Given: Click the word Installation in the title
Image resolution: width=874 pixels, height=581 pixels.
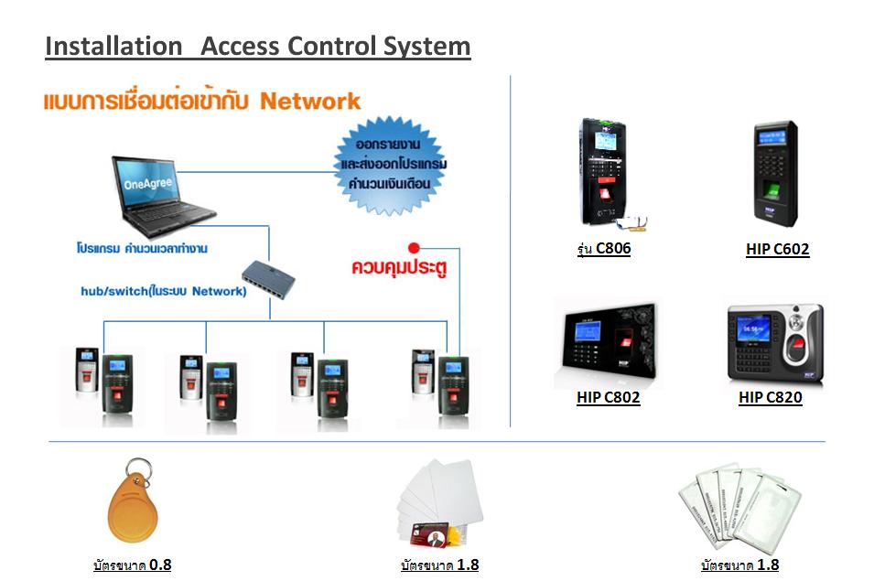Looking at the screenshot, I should [113, 47].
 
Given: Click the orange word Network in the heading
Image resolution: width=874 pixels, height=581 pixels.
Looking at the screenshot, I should [310, 102].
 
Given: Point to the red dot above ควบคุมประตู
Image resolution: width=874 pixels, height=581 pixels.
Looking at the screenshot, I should [414, 247].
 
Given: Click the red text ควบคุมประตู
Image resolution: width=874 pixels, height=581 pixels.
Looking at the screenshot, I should [400, 269].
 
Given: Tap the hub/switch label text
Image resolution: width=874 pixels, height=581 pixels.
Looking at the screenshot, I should [163, 292].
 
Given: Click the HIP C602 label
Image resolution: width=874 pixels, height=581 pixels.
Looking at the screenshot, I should [777, 249].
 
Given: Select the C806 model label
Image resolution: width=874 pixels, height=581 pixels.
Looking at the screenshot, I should [604, 248].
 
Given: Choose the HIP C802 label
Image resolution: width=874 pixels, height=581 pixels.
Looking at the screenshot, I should [608, 398].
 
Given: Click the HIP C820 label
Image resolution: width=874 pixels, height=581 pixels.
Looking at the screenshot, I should [770, 398].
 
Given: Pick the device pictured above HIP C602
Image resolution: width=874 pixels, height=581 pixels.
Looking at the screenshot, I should [775, 175].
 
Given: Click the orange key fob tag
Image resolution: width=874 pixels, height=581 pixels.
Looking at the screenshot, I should [133, 511].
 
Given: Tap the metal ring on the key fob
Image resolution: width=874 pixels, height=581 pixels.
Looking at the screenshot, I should [137, 469].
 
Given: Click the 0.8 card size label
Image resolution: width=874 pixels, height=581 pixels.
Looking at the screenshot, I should [132, 565].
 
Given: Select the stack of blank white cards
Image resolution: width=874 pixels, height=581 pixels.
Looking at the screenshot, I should [437, 499].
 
